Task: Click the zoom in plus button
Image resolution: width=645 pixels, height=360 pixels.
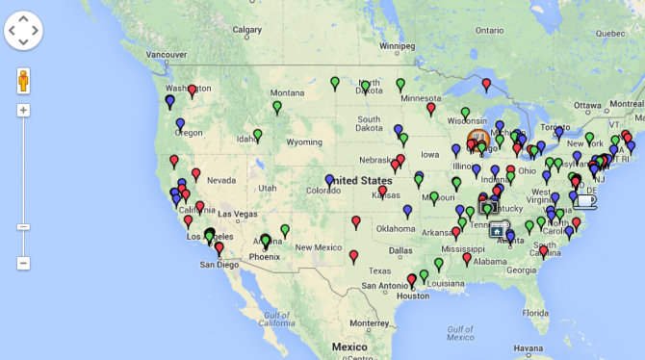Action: (24, 110)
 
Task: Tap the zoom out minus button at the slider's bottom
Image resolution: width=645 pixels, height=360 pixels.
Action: (24, 263)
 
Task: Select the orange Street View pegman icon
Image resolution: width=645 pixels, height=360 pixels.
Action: (24, 81)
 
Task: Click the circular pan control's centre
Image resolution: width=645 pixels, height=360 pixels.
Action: (24, 31)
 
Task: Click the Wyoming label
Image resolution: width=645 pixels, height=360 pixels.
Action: (304, 142)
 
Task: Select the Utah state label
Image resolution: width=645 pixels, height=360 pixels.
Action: (268, 187)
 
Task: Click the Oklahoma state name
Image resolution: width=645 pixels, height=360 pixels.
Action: (397, 229)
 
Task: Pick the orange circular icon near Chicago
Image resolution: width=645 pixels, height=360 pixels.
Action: (479, 141)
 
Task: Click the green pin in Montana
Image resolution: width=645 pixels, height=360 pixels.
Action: (277, 106)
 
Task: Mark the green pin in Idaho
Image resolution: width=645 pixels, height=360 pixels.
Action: (257, 135)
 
